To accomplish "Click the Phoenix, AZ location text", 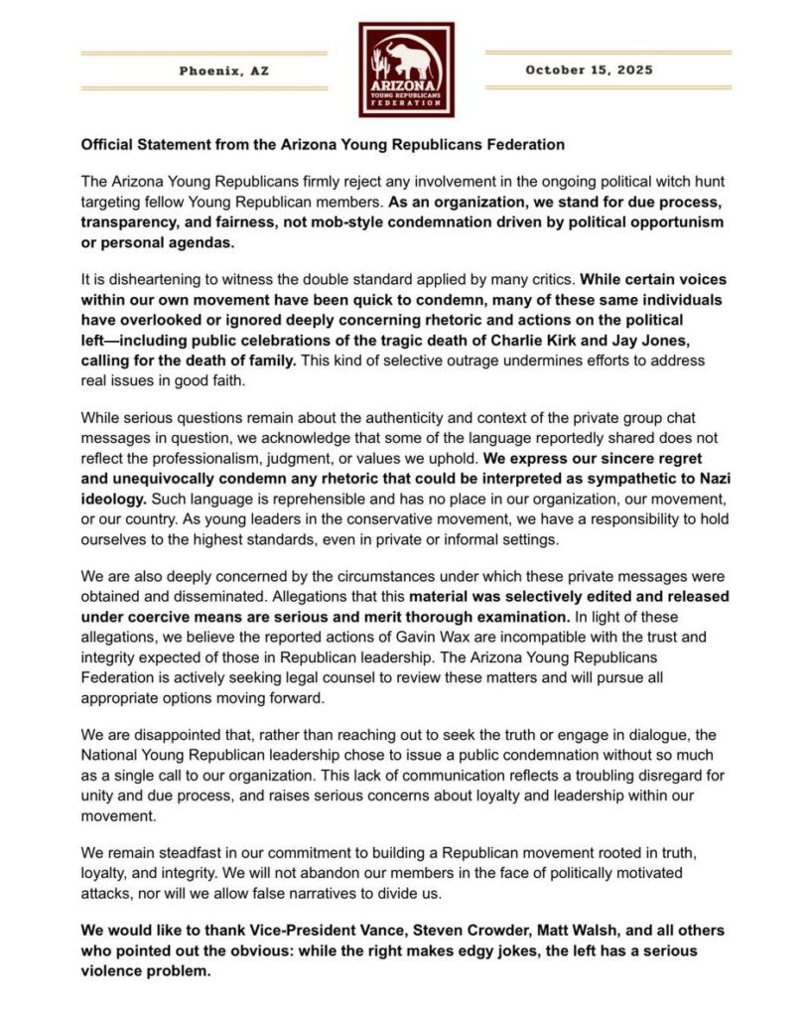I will [x=223, y=71].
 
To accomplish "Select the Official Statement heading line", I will [x=323, y=144].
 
